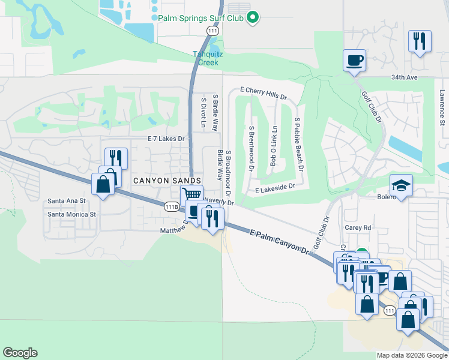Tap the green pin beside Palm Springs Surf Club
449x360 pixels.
tap(253, 17)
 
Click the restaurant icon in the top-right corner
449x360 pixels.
tap(419, 41)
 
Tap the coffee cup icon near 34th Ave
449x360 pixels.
tap(354, 60)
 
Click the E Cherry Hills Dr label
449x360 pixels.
tap(264, 92)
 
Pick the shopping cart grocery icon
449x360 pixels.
tap(191, 194)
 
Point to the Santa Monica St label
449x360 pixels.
tap(72, 214)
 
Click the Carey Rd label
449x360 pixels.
tap(358, 228)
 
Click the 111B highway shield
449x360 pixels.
tap(172, 206)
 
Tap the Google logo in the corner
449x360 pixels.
tap(20, 353)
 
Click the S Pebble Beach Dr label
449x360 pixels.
tap(298, 143)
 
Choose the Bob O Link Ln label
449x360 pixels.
tap(274, 146)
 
